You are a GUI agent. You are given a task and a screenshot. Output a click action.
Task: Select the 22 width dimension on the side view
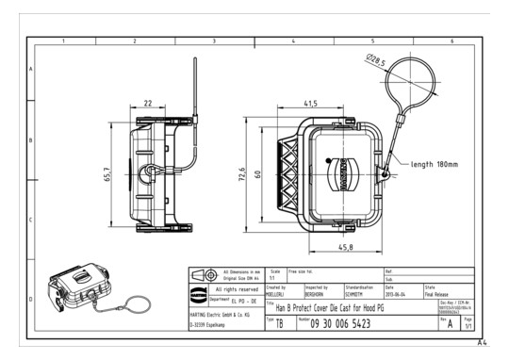pos(148,104)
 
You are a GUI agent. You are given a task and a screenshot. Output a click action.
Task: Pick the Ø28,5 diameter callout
pos(377,61)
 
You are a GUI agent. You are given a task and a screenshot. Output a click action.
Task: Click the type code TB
pos(280,323)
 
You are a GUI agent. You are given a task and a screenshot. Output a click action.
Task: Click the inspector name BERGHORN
pos(319,293)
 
